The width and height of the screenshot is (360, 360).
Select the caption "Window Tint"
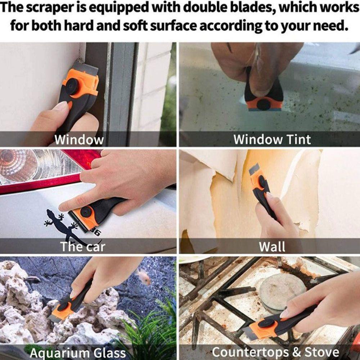272,139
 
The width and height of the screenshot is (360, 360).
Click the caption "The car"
82,247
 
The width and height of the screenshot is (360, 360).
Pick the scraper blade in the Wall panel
254,169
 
